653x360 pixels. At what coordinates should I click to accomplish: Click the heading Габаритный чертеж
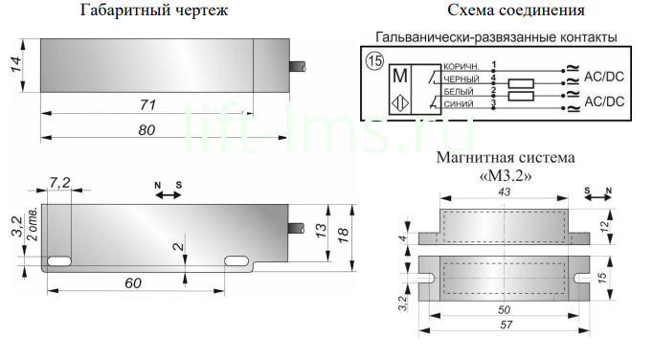click(153, 10)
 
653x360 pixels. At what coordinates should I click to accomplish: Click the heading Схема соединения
click(516, 10)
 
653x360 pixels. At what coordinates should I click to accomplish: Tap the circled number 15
click(374, 61)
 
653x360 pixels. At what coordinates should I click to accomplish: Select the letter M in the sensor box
click(400, 76)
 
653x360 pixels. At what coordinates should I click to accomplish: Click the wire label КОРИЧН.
click(461, 67)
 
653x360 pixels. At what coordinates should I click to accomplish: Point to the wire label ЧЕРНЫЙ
click(461, 79)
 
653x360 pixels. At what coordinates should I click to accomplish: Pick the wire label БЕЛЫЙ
click(459, 92)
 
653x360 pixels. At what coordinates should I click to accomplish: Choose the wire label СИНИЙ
click(459, 104)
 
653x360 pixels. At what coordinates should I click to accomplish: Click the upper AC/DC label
click(604, 77)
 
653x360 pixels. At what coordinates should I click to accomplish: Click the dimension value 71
click(147, 104)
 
